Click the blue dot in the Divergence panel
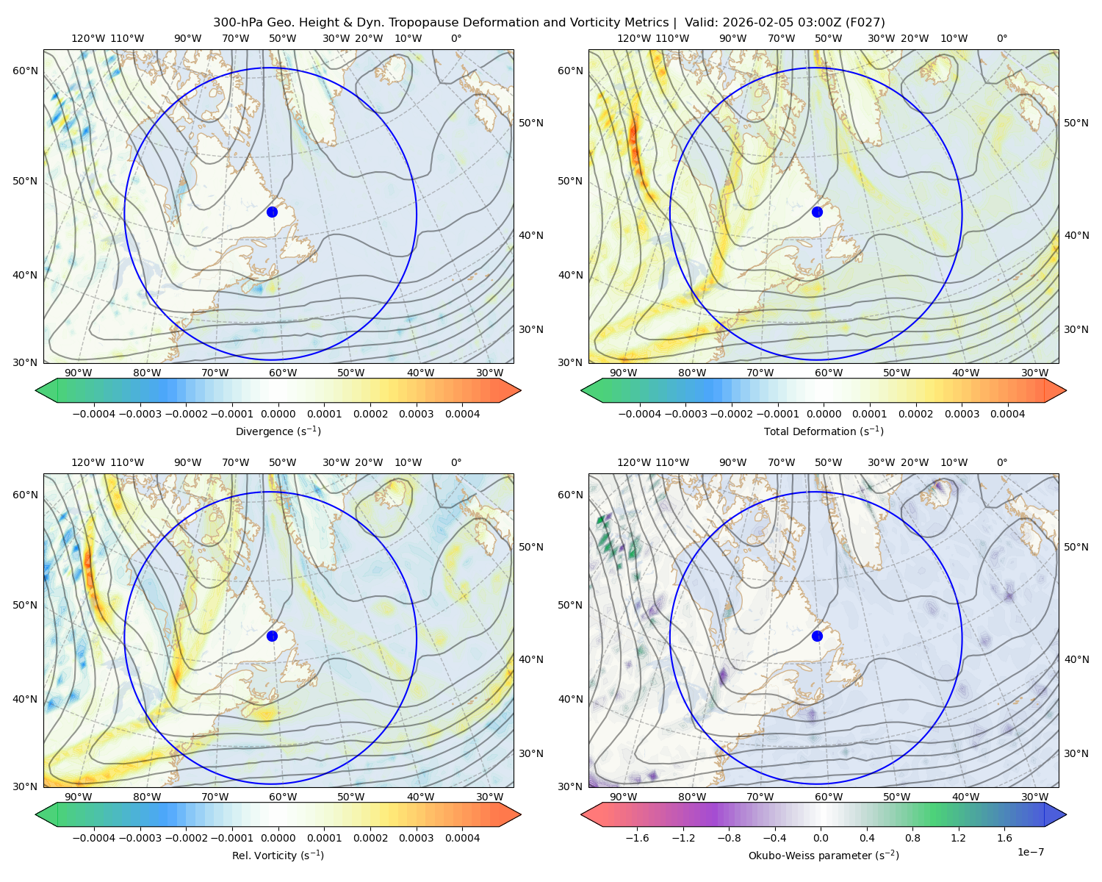pos(272,212)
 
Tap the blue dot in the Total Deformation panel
pos(817,212)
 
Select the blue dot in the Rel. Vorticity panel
pos(272,636)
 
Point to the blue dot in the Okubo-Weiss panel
pos(817,636)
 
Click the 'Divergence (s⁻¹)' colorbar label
pos(278,431)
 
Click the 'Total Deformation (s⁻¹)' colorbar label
pos(824,431)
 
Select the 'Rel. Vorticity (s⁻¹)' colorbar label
pos(278,856)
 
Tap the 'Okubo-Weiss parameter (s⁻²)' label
pos(824,856)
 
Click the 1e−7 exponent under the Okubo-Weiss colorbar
pos(1030,852)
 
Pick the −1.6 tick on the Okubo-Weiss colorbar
pos(637,838)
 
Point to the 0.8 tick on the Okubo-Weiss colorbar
pos(912,838)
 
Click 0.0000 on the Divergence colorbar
pos(278,414)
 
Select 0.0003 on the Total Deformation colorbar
pos(962,414)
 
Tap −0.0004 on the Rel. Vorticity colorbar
pos(94,838)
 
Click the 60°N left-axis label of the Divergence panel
pos(25,71)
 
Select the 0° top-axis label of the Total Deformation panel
pos(1001,38)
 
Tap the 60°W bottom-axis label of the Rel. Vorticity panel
pos(283,797)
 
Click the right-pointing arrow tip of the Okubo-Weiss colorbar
pos(1066,815)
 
